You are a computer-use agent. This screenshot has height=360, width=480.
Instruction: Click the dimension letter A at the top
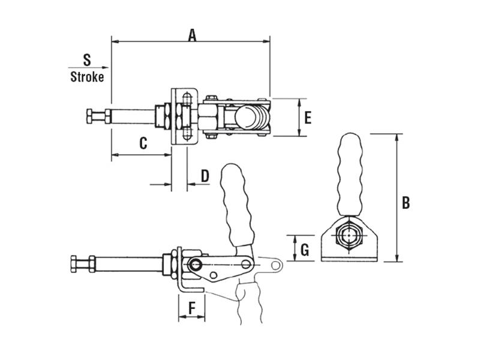tap(192, 35)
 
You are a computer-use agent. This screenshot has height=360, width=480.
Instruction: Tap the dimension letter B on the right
tap(406, 203)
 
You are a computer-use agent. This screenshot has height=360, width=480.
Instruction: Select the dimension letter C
tap(143, 143)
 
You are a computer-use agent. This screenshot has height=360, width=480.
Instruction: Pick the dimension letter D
tap(204, 176)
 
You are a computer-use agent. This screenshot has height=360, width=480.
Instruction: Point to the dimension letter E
tap(307, 118)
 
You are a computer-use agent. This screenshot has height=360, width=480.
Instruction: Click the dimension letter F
tap(192, 308)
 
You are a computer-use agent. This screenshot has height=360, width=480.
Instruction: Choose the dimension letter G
tap(305, 249)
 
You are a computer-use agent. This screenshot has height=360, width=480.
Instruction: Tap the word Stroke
tap(87, 77)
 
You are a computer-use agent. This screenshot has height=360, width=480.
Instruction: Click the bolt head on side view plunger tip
tap(76, 263)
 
